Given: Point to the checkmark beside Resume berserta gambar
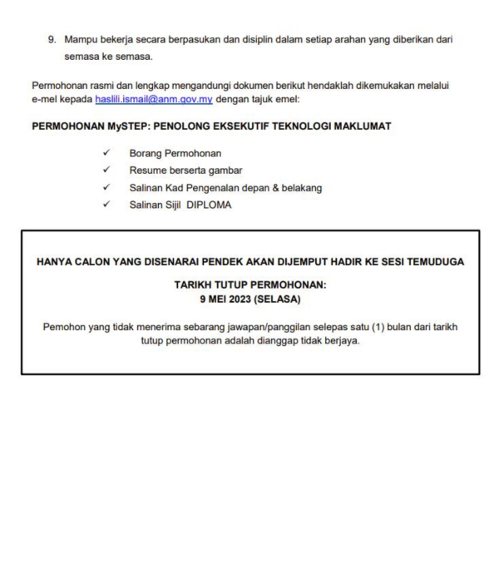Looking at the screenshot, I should pyautogui.click(x=106, y=170).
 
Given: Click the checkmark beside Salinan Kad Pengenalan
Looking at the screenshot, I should pyautogui.click(x=106, y=188).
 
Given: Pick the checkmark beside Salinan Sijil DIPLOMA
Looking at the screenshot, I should pyautogui.click(x=106, y=205).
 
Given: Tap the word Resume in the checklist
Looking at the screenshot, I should pyautogui.click(x=147, y=170).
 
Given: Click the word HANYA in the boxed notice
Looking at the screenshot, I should pyautogui.click(x=55, y=261).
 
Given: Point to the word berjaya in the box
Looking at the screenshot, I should pyautogui.click(x=343, y=342).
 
